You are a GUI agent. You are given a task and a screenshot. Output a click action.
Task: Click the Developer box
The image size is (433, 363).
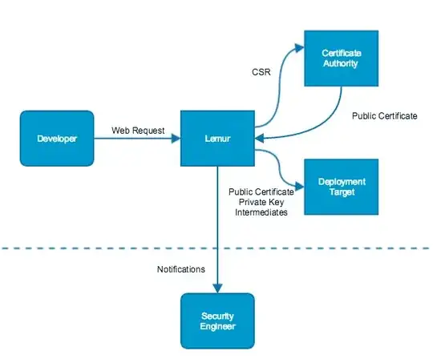pos(57,139)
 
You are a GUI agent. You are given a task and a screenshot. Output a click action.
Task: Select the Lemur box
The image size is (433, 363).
pos(218,139)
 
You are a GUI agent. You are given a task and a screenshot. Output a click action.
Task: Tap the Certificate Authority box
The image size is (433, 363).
pos(340,58)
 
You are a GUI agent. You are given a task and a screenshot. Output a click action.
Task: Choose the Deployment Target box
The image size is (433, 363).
pos(340,187)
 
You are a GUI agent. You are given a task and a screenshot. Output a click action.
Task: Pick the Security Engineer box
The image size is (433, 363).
pos(217,321)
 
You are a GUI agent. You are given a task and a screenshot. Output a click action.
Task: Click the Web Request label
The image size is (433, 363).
pos(137,129)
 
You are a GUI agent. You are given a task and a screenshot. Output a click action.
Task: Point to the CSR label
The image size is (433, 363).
pos(263,72)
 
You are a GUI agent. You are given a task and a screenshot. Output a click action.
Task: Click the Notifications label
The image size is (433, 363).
pos(181,269)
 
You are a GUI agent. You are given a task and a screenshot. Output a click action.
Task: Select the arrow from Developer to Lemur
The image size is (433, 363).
pos(136,139)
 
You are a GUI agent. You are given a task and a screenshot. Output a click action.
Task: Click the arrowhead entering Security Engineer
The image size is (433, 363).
pos(217,288)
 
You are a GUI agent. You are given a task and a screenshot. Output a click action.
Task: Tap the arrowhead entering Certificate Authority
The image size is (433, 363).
pos(298,47)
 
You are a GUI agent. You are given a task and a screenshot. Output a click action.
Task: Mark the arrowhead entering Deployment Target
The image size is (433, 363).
pos(298,177)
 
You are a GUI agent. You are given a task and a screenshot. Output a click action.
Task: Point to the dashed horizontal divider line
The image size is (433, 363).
pos(80,248)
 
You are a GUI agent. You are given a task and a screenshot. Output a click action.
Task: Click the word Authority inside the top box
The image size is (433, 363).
pos(340,64)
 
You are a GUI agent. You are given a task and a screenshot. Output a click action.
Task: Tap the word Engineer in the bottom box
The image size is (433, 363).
pos(217,326)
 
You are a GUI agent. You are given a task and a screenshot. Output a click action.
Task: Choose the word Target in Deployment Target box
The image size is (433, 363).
pos(340,192)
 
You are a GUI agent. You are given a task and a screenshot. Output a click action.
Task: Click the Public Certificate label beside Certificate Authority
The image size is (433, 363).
pos(384,116)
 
